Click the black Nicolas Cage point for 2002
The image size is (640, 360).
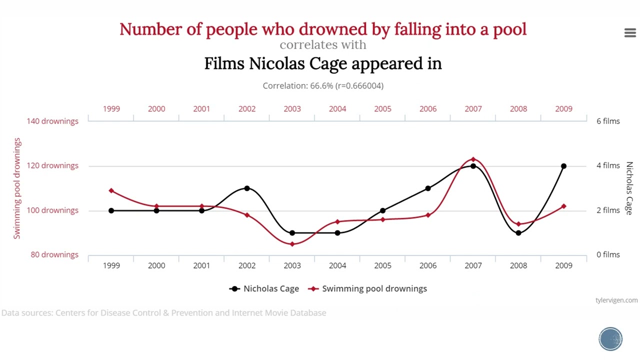click(x=247, y=188)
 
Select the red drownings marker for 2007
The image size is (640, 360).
click(x=473, y=159)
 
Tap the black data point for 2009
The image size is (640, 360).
click(x=563, y=166)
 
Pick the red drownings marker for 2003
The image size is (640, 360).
click(x=292, y=244)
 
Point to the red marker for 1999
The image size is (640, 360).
click(x=111, y=190)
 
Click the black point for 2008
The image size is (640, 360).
click(x=518, y=233)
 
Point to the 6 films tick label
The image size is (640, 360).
click(x=608, y=121)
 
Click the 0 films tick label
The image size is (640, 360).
click(x=608, y=254)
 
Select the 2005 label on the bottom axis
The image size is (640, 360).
click(x=382, y=265)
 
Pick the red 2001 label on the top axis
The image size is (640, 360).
click(x=201, y=109)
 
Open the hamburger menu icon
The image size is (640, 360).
click(x=630, y=33)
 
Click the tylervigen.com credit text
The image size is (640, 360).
click(x=616, y=300)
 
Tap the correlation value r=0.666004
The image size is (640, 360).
click(x=359, y=86)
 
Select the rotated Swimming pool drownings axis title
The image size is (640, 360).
click(x=17, y=188)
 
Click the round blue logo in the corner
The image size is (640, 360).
click(x=610, y=339)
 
